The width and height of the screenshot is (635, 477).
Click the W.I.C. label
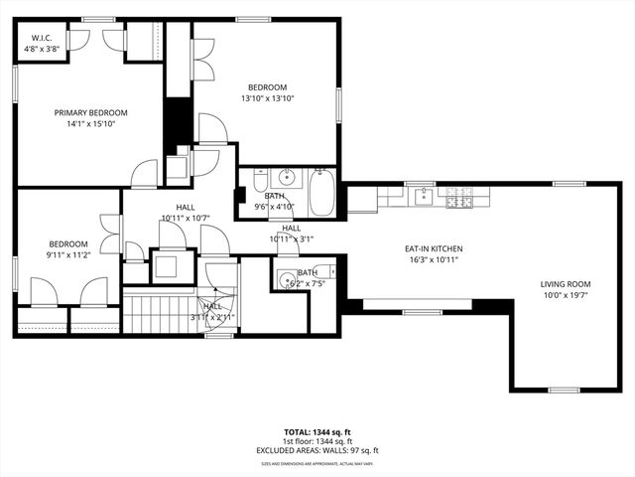coord(40,39)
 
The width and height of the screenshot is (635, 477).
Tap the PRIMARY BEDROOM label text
coord(90,113)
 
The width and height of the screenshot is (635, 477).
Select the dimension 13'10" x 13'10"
coord(267,98)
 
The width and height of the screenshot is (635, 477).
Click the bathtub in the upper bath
coord(323,194)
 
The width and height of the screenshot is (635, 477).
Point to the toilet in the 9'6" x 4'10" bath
coord(259,182)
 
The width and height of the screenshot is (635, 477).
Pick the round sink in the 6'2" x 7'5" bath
coord(287,279)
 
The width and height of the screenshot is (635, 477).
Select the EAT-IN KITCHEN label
coord(433,248)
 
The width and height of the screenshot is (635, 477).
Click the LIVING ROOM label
coord(565,282)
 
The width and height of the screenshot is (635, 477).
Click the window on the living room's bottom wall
coord(565,389)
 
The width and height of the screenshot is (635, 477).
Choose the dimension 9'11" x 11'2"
coord(69,253)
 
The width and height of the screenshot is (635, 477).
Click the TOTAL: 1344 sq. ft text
coord(317,432)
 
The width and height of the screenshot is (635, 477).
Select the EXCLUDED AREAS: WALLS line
coord(317,450)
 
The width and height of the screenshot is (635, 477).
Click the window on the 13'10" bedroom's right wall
coord(338,102)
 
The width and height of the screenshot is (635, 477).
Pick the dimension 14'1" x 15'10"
coord(90,124)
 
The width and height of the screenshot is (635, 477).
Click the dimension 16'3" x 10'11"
coord(433,259)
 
